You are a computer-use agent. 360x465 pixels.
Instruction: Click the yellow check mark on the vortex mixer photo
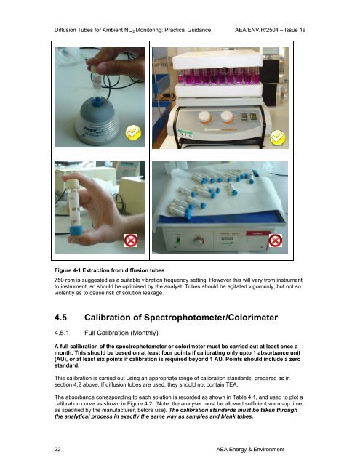[x=133, y=132]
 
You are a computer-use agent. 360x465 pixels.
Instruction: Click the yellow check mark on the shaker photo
[x=278, y=137]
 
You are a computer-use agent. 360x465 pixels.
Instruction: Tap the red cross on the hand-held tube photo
[x=131, y=240]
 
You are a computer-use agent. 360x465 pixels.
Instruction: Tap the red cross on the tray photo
[x=275, y=240]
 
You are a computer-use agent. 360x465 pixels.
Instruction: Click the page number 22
[x=57, y=449]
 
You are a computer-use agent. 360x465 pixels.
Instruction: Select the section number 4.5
[x=60, y=318]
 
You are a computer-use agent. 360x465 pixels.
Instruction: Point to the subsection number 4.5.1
[x=62, y=333]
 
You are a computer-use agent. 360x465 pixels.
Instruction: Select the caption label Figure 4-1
[x=68, y=270]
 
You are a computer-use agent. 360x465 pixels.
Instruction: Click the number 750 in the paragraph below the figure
[x=59, y=280]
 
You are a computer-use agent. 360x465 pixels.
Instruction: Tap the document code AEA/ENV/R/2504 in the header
[x=257, y=30]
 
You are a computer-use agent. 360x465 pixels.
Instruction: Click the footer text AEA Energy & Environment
[x=250, y=449]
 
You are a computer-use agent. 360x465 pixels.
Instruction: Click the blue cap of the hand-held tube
[x=77, y=230]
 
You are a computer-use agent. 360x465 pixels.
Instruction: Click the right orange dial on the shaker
[x=227, y=117]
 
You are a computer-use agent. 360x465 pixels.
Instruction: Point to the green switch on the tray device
[x=178, y=240]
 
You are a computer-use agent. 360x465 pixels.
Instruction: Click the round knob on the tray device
[x=199, y=241]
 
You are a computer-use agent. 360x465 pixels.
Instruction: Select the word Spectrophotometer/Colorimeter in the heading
[x=211, y=318]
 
